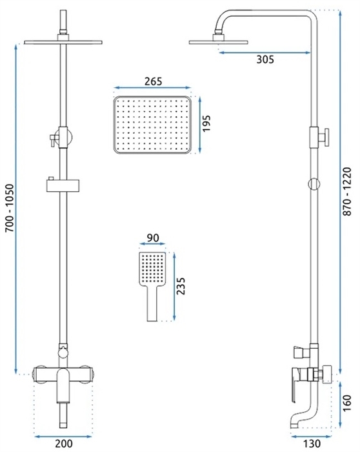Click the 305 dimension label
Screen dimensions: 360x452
pyautogui.click(x=265, y=59)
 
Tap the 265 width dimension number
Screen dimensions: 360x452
pyautogui.click(x=153, y=81)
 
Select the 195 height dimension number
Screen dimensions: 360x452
pyautogui.click(x=206, y=123)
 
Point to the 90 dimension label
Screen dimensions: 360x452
pyautogui.click(x=153, y=238)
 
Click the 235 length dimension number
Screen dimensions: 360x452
pyautogui.click(x=181, y=286)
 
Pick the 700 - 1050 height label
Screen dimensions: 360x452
pyautogui.click(x=10, y=208)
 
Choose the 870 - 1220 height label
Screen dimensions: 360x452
pyautogui.click(x=347, y=191)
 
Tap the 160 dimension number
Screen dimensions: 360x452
pyautogui.click(x=347, y=403)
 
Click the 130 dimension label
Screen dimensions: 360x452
pyautogui.click(x=312, y=444)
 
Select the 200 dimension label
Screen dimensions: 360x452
pyautogui.click(x=64, y=444)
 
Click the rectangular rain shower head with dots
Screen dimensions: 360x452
pyautogui.click(x=152, y=125)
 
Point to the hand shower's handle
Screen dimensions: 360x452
pyautogui.click(x=152, y=303)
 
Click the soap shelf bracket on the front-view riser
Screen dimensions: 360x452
pyautogui.click(x=63, y=185)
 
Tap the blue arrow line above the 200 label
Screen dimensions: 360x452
pyautogui.click(x=63, y=437)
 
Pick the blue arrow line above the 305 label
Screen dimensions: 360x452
pyautogui.click(x=265, y=52)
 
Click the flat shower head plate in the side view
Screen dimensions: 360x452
pyautogui.click(x=218, y=43)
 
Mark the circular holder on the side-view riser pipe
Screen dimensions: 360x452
pyautogui.click(x=314, y=183)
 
